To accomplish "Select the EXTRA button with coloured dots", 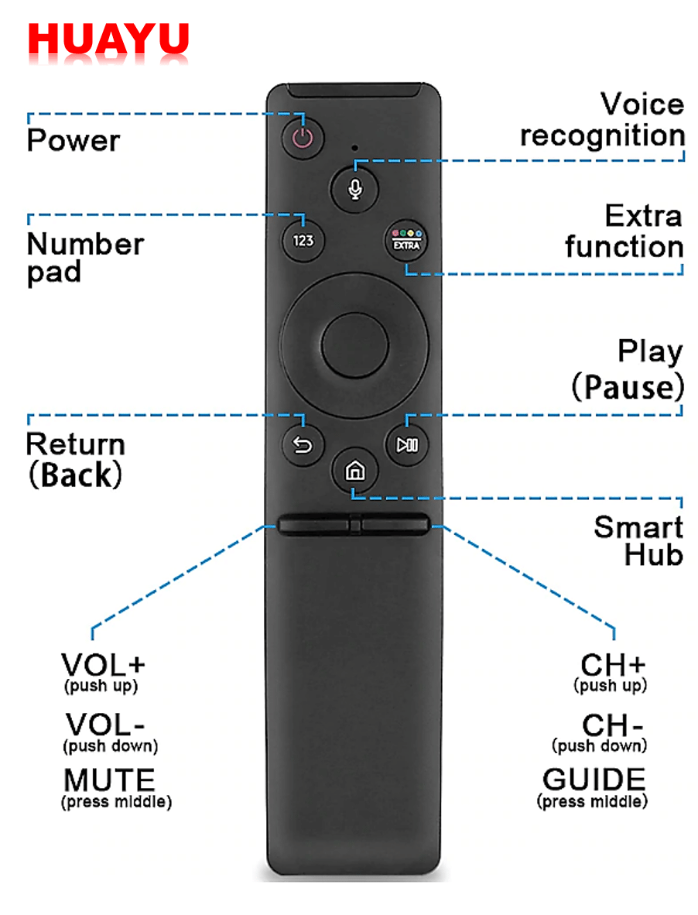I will (407, 240).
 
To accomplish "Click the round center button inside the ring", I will (354, 345).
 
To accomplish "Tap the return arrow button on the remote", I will (303, 446).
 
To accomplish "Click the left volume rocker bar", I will (313, 525).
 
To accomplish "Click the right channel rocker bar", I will (395, 525).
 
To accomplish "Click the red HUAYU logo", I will (108, 43).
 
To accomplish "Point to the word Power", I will (74, 142).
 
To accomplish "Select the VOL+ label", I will (104, 665).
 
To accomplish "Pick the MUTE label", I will (109, 780).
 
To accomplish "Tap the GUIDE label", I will (594, 780).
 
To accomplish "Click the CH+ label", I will (613, 665).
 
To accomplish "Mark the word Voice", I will (642, 105).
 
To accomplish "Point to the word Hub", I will (654, 555).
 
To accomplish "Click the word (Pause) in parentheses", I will (628, 388).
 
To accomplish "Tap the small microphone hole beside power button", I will (354, 147).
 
